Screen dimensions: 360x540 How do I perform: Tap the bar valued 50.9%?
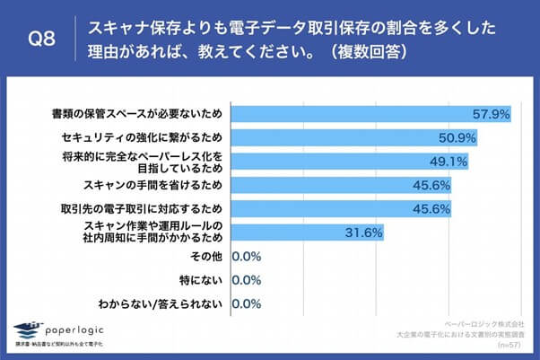(354, 138)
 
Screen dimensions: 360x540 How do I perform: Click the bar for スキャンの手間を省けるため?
(341, 185)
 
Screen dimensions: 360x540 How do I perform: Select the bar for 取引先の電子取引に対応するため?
(341, 208)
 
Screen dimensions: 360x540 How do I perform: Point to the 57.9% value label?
(492, 115)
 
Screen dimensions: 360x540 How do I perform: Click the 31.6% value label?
(365, 233)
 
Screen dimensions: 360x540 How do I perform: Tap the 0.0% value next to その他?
(247, 257)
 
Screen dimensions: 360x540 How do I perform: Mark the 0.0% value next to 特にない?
(247, 280)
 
